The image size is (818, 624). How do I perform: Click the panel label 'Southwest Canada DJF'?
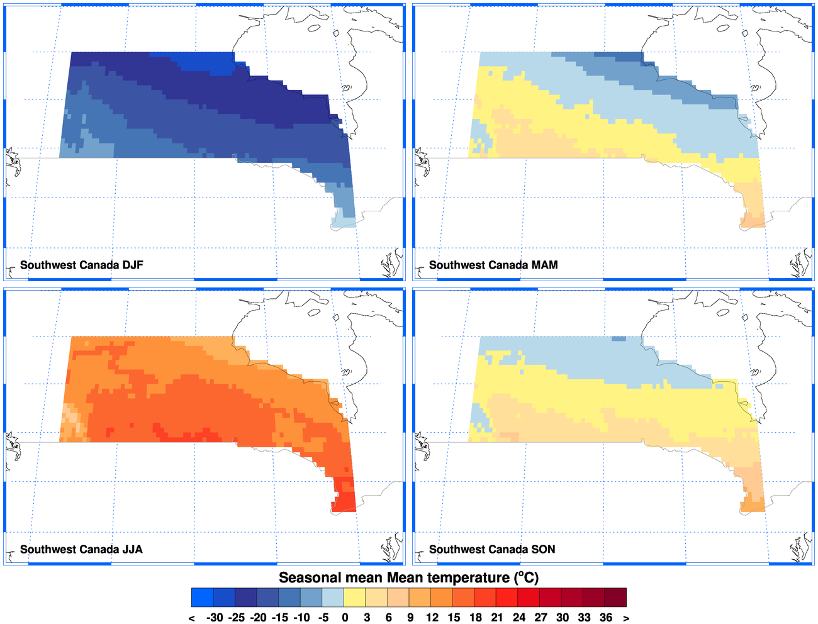(82, 265)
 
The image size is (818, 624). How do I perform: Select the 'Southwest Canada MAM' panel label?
(493, 265)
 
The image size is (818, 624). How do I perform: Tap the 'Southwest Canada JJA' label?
(81, 549)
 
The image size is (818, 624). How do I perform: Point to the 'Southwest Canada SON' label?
(492, 549)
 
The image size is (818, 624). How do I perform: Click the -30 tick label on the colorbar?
(215, 617)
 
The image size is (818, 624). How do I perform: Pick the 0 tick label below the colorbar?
(345, 617)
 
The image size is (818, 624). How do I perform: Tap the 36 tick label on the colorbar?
(605, 617)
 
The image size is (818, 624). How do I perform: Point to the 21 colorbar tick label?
(497, 617)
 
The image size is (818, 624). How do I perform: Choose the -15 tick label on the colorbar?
(280, 617)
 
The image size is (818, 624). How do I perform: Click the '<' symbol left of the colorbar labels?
(192, 618)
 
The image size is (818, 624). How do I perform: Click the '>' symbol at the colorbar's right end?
(626, 618)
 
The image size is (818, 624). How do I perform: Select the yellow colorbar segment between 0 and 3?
(355, 597)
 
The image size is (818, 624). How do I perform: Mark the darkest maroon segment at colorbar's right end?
(615, 597)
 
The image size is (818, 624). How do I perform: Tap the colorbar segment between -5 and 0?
(333, 597)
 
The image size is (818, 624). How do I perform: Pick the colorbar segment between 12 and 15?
(442, 597)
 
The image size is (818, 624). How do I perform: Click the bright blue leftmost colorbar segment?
(203, 597)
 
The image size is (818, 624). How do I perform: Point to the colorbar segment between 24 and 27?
(529, 597)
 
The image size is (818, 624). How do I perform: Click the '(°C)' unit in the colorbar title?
(527, 577)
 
